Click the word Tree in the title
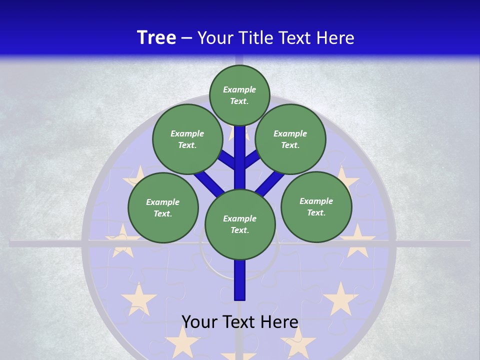coord(156,37)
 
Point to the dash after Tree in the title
coord(187,38)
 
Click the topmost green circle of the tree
coord(239,95)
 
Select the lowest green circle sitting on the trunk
coord(240,224)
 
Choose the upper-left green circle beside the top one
coord(187,139)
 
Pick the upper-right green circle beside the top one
coord(290,139)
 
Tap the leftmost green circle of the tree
coord(163,207)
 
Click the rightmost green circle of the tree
coord(316,206)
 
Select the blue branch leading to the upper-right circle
coord(251,159)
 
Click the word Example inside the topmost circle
coord(239,89)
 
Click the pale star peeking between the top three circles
coord(232,133)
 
